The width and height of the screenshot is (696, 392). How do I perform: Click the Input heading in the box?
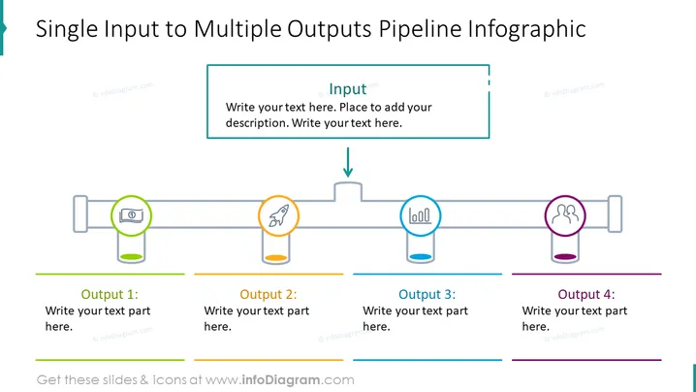point(348,89)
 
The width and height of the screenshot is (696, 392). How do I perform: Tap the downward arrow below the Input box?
point(348,162)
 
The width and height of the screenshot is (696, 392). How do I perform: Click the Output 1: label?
point(110,294)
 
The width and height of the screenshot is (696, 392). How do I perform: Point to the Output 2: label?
point(269,294)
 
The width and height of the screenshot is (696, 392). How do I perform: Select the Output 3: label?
point(427,294)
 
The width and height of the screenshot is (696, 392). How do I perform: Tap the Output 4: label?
point(586,294)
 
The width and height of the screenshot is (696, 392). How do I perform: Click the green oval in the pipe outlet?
point(132,257)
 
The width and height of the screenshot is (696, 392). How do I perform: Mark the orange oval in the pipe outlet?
point(275,258)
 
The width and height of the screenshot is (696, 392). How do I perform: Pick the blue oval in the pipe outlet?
point(421,257)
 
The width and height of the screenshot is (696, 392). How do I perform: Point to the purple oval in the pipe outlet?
point(565,257)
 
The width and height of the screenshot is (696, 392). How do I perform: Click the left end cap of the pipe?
point(80,213)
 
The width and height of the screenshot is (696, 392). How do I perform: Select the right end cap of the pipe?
point(615,213)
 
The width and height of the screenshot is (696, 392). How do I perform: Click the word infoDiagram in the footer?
point(281,380)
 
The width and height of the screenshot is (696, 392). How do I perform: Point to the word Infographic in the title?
point(527,29)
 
